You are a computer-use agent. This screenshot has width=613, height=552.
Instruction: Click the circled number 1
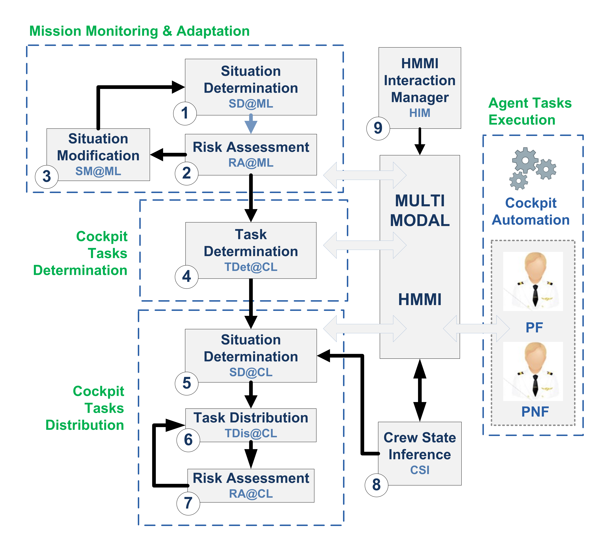click(x=185, y=113)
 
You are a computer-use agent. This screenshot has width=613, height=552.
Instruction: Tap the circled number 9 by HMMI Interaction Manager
click(x=378, y=128)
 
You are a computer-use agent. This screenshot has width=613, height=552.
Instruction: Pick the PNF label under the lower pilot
click(x=535, y=412)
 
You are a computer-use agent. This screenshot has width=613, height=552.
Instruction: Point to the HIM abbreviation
click(x=420, y=113)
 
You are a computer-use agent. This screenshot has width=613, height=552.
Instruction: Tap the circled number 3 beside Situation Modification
click(x=47, y=176)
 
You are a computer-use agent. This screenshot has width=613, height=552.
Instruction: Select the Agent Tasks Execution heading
click(x=530, y=111)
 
